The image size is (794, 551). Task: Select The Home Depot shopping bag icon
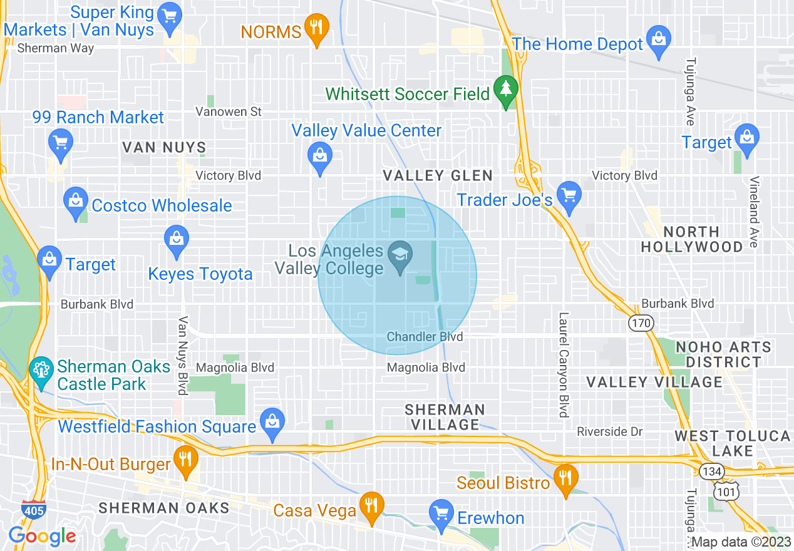click(x=658, y=39)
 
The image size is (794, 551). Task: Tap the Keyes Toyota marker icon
click(x=177, y=240)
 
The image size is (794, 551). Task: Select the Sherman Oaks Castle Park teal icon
click(x=41, y=370)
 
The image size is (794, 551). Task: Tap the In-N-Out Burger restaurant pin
click(x=185, y=459)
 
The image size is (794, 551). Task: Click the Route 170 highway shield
click(x=642, y=323)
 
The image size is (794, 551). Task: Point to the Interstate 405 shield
click(x=33, y=509)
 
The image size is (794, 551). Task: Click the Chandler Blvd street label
click(x=425, y=337)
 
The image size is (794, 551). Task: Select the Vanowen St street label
click(x=229, y=111)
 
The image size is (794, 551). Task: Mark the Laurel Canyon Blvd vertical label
click(x=564, y=364)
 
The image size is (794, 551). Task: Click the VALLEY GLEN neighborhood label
click(x=438, y=176)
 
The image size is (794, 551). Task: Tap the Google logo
click(x=42, y=536)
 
